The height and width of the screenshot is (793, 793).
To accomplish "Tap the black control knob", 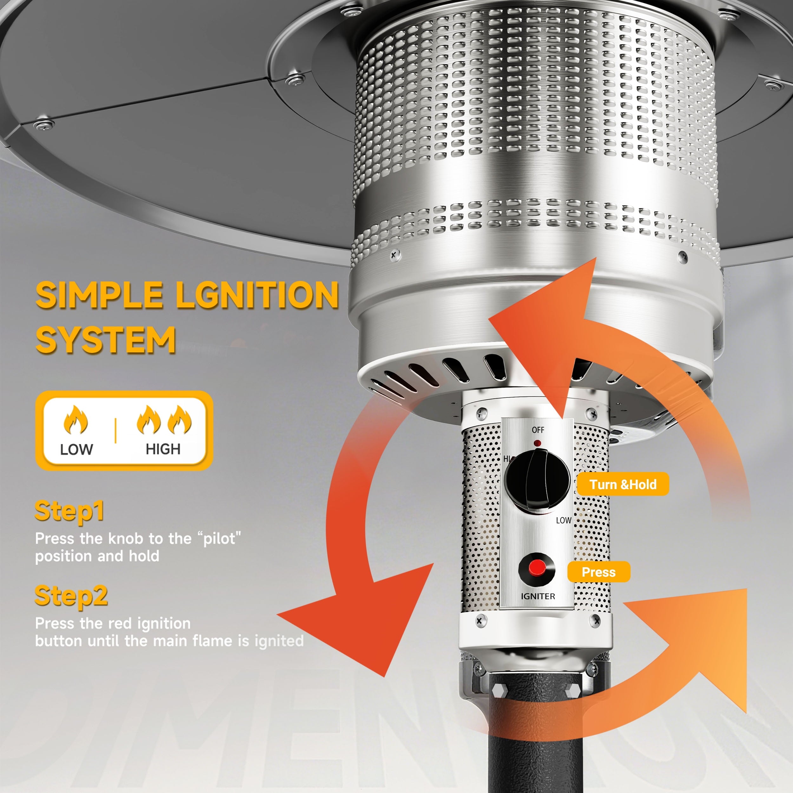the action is [537, 480].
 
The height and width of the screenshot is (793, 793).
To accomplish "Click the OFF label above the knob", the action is [538, 430].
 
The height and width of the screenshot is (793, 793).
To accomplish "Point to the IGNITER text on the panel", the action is [538, 596].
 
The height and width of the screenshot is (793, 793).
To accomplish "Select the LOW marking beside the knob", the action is [564, 520].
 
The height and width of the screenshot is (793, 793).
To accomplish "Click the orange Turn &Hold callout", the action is [623, 484].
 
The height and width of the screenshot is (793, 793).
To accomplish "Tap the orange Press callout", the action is [599, 572].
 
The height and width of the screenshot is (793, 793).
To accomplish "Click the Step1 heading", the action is [69, 511].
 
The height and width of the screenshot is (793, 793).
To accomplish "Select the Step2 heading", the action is [71, 596].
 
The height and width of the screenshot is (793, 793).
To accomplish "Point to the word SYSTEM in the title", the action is [106, 340].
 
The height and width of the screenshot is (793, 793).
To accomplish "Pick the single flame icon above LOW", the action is [75, 419].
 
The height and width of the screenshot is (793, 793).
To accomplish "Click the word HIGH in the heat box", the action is [163, 449].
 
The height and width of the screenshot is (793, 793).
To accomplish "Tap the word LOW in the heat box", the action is [76, 449].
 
